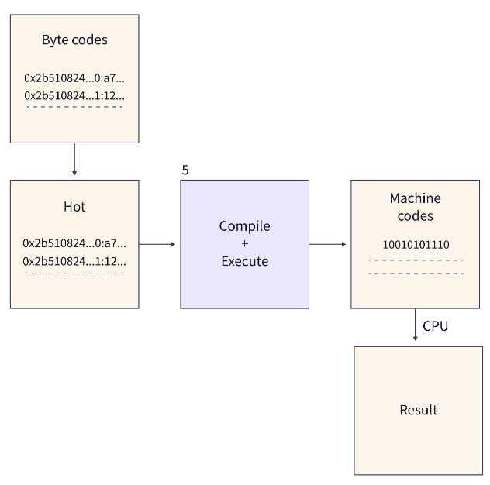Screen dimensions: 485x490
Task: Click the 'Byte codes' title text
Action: pyautogui.click(x=74, y=40)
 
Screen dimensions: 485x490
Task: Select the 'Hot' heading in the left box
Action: pyautogui.click(x=74, y=207)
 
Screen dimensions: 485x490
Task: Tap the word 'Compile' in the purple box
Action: pyautogui.click(x=244, y=226)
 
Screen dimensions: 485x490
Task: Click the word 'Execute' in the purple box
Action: pyautogui.click(x=244, y=261)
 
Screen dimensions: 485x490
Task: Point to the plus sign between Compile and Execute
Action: pyautogui.click(x=244, y=243)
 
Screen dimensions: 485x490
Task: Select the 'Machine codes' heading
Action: pyautogui.click(x=416, y=208)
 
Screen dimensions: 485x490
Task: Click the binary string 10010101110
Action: pyautogui.click(x=416, y=244)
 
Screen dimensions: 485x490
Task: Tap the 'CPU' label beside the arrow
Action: pyautogui.click(x=435, y=326)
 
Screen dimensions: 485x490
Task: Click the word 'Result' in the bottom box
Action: pyautogui.click(x=419, y=410)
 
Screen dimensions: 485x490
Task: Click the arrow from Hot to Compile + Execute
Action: pyautogui.click(x=158, y=244)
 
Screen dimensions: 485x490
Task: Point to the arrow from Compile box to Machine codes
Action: pyautogui.click(x=328, y=244)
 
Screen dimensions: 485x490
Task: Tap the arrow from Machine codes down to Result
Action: pyautogui.click(x=416, y=323)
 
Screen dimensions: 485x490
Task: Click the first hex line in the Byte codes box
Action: pyautogui.click(x=74, y=77)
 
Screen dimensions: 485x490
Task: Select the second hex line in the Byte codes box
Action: pyautogui.click(x=74, y=95)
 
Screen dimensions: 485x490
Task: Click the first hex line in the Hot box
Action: pyautogui.click(x=74, y=242)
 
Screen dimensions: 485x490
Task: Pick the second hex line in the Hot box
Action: pyautogui.click(x=74, y=260)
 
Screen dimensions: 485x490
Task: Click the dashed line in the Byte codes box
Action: pyautogui.click(x=74, y=107)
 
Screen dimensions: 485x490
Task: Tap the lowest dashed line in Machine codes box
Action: pyautogui.click(x=416, y=273)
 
